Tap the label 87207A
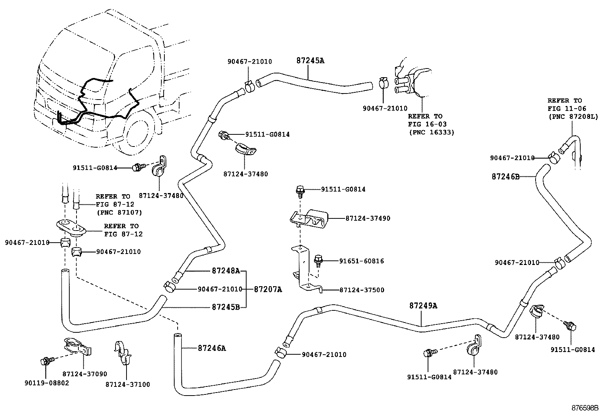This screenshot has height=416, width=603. pyautogui.click(x=268, y=289)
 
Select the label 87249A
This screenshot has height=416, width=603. pyautogui.click(x=423, y=305)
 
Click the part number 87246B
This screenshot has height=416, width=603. pyautogui.click(x=505, y=176)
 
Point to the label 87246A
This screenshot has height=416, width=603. pyautogui.click(x=211, y=348)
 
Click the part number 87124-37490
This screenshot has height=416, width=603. pyautogui.click(x=367, y=218)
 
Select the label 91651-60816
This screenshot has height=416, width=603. pyautogui.click(x=361, y=261)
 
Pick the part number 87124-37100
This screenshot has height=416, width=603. pyautogui.click(x=128, y=385)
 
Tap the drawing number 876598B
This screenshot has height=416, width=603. pyautogui.click(x=584, y=408)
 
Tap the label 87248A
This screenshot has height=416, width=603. pyautogui.click(x=226, y=271)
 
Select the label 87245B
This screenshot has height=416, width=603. pyautogui.click(x=226, y=307)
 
